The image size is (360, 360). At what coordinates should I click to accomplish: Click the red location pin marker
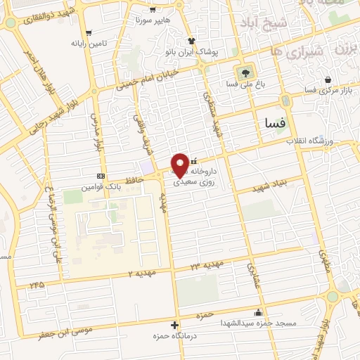(x=180, y=164)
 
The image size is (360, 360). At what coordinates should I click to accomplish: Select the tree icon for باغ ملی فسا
(x=245, y=72)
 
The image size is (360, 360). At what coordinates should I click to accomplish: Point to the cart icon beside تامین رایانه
(x=89, y=32)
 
